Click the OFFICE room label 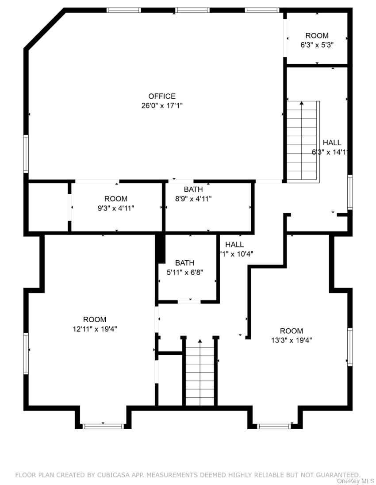[x=162, y=96]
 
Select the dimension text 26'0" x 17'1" [x=162, y=105]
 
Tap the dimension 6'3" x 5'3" [x=317, y=45]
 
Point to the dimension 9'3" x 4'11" [x=116, y=208]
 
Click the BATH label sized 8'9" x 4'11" [x=193, y=189]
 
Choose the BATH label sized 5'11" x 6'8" [x=184, y=263]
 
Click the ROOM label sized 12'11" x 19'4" [x=95, y=319]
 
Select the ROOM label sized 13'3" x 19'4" [x=292, y=331]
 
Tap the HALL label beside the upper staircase [x=332, y=142]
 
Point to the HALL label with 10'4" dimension [x=234, y=244]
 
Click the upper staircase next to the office [x=303, y=142]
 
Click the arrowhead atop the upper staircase [x=302, y=104]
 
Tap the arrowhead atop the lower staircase [x=200, y=341]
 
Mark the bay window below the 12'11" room [x=103, y=426]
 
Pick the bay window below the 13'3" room [x=274, y=426]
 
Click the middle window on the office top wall [x=192, y=10]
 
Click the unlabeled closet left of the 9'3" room [x=48, y=207]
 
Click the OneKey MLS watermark [x=356, y=481]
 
